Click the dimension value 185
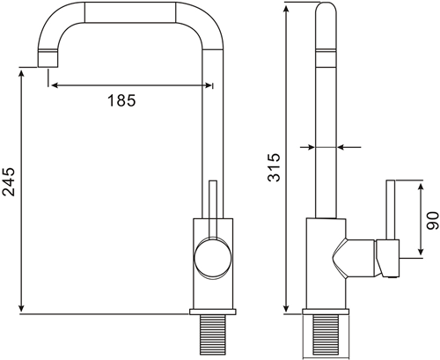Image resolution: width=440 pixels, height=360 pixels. [x=121, y=100]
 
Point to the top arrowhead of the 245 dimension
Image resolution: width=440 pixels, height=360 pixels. [x=20, y=72]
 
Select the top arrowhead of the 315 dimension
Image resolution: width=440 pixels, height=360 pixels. [x=287, y=7]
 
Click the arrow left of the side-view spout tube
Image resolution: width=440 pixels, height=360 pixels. [x=307, y=147]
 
